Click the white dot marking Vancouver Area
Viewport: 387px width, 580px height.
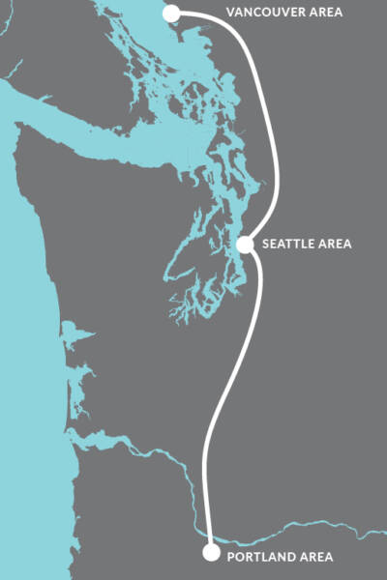click(x=172, y=14)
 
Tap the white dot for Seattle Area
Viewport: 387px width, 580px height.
click(x=245, y=245)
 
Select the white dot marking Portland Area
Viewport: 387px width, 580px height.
click(x=211, y=553)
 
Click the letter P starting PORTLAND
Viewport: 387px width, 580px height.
click(x=229, y=558)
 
